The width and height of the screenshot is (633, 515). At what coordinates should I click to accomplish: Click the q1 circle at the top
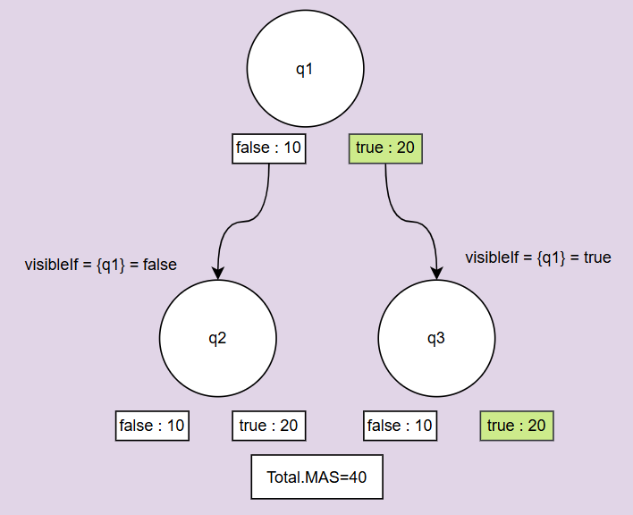coord(305,70)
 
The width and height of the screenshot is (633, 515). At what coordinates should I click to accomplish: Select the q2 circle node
coord(217,339)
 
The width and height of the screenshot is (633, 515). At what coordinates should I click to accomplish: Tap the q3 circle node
coord(436,339)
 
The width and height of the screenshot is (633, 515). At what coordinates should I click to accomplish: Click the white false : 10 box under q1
coord(269,148)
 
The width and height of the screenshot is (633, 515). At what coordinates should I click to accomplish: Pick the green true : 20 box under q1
coord(384,148)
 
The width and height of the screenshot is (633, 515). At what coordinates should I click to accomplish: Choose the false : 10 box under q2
coord(152,426)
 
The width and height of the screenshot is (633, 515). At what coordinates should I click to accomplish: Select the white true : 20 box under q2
coord(268,426)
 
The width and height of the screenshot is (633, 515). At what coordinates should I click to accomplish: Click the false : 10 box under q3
coord(400,426)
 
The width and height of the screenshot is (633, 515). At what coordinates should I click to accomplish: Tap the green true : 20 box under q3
coord(517,426)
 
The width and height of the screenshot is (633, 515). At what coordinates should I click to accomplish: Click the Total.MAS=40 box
coord(316,477)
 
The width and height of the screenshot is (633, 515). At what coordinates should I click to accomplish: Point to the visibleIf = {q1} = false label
coord(100,265)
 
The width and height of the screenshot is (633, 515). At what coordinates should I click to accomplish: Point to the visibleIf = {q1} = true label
coord(537,257)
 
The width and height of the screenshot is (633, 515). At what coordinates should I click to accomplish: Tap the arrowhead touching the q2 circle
coord(217,273)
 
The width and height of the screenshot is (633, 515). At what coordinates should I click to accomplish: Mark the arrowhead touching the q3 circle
coord(436,273)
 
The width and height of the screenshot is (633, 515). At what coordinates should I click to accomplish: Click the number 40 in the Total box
coord(358,477)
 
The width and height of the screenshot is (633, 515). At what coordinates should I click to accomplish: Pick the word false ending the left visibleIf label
coord(160,265)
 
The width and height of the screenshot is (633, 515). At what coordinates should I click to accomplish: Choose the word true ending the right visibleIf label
coord(596,257)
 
